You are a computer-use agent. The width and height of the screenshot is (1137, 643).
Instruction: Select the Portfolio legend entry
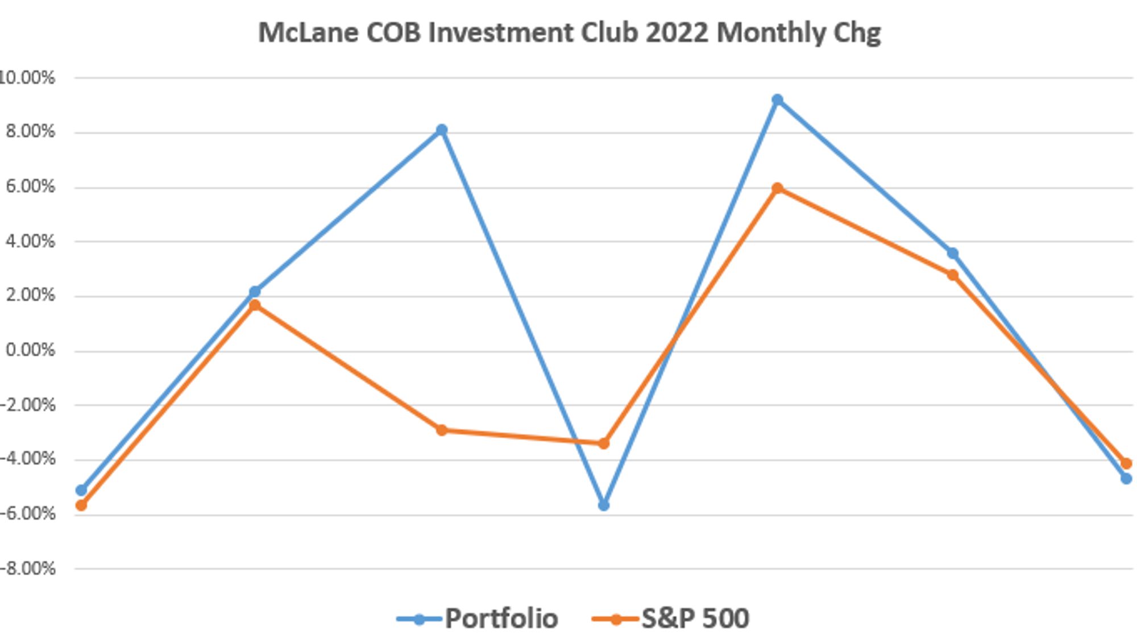coord(478,619)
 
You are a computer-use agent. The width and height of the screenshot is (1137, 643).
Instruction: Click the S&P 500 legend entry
coord(671,619)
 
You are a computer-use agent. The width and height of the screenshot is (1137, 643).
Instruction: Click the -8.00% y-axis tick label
coord(28,569)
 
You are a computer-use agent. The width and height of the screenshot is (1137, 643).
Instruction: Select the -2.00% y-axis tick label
coord(28,405)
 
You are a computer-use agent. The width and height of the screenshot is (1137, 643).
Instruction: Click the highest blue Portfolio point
coord(777,100)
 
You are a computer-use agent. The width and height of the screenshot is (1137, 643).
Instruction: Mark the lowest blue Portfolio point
coord(604,505)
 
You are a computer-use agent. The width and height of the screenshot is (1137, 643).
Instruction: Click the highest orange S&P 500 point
coord(777,188)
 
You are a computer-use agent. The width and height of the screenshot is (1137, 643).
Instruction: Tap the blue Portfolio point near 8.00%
coord(442,130)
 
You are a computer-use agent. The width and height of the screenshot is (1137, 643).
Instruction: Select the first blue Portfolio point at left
coord(81,490)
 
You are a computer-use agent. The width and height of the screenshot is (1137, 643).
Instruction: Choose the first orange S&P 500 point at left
coord(81,505)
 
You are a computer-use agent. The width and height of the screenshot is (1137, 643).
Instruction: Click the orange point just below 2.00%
coord(255,306)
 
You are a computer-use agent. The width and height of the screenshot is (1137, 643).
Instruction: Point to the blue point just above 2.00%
coord(255,292)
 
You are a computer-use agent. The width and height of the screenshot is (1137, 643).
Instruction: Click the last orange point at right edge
coord(1126,464)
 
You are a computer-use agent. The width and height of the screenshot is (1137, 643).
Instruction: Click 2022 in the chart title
coord(677,32)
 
